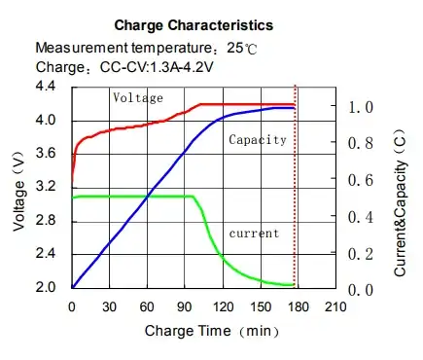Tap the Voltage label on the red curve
tap(137, 97)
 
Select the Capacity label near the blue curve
tap(257, 140)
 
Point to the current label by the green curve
tap(253, 234)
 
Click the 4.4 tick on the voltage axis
tap(45, 88)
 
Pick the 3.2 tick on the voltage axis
tap(45, 187)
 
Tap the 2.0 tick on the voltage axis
tap(45, 287)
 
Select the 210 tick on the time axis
tap(335, 306)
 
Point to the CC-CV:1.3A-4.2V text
tap(156, 67)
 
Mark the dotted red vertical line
tap(295, 195)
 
